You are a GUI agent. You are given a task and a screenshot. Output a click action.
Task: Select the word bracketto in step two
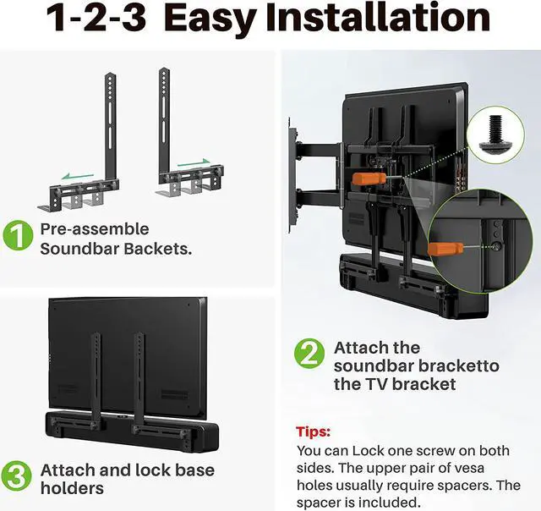(x=456, y=366)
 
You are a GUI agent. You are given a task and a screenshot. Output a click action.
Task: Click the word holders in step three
(x=71, y=488)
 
